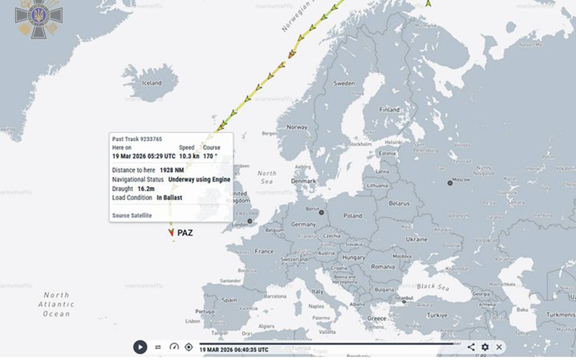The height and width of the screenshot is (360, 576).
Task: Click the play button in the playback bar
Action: [x=140, y=346]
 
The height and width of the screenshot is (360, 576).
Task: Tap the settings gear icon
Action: [x=485, y=347]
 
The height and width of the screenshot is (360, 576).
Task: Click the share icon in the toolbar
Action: [x=470, y=347]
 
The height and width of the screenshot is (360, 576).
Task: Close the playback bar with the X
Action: [x=499, y=347]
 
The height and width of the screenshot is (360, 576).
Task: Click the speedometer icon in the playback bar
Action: [x=174, y=347]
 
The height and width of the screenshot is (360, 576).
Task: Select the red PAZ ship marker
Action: [x=171, y=233]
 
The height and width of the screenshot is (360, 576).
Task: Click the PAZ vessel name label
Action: [x=185, y=233]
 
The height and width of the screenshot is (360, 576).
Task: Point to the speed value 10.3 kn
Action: [x=189, y=157]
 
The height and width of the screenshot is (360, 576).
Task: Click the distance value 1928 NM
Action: [x=172, y=170]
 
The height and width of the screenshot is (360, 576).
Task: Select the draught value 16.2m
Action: [x=146, y=188]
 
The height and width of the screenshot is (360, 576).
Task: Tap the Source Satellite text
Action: [x=132, y=215]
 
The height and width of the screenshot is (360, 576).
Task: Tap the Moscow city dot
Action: [x=450, y=182]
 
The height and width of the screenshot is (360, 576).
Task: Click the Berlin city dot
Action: [x=322, y=213]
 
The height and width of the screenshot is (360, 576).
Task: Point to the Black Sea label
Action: [x=432, y=286]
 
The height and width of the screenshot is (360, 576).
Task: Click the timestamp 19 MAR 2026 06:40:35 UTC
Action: [x=234, y=350]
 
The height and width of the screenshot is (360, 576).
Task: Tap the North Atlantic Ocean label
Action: [x=57, y=304]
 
